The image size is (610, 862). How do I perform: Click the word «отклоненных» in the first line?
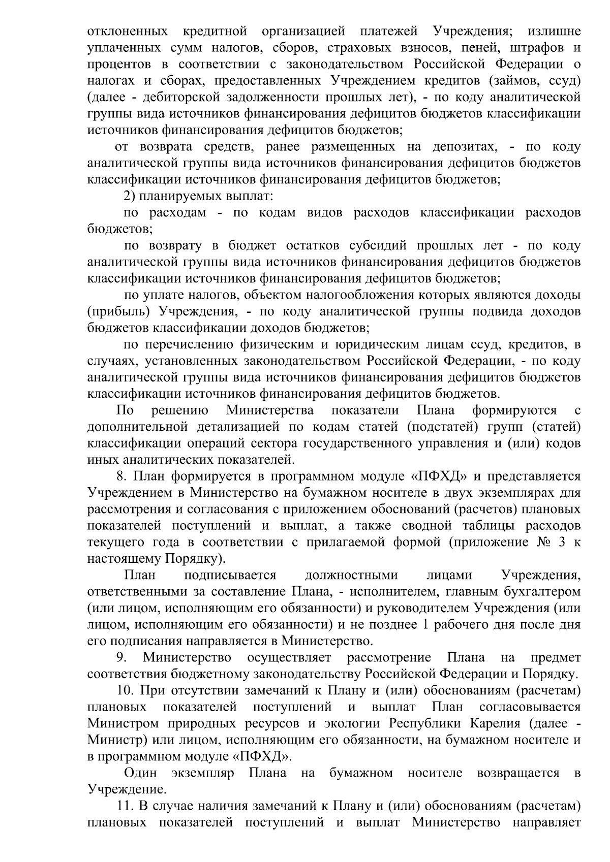[x=128, y=31]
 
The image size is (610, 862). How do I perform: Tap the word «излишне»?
[x=554, y=31]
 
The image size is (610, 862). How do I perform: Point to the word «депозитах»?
[x=464, y=147]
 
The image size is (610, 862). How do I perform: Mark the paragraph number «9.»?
[x=121, y=658]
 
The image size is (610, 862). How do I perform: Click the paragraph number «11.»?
[x=125, y=806]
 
